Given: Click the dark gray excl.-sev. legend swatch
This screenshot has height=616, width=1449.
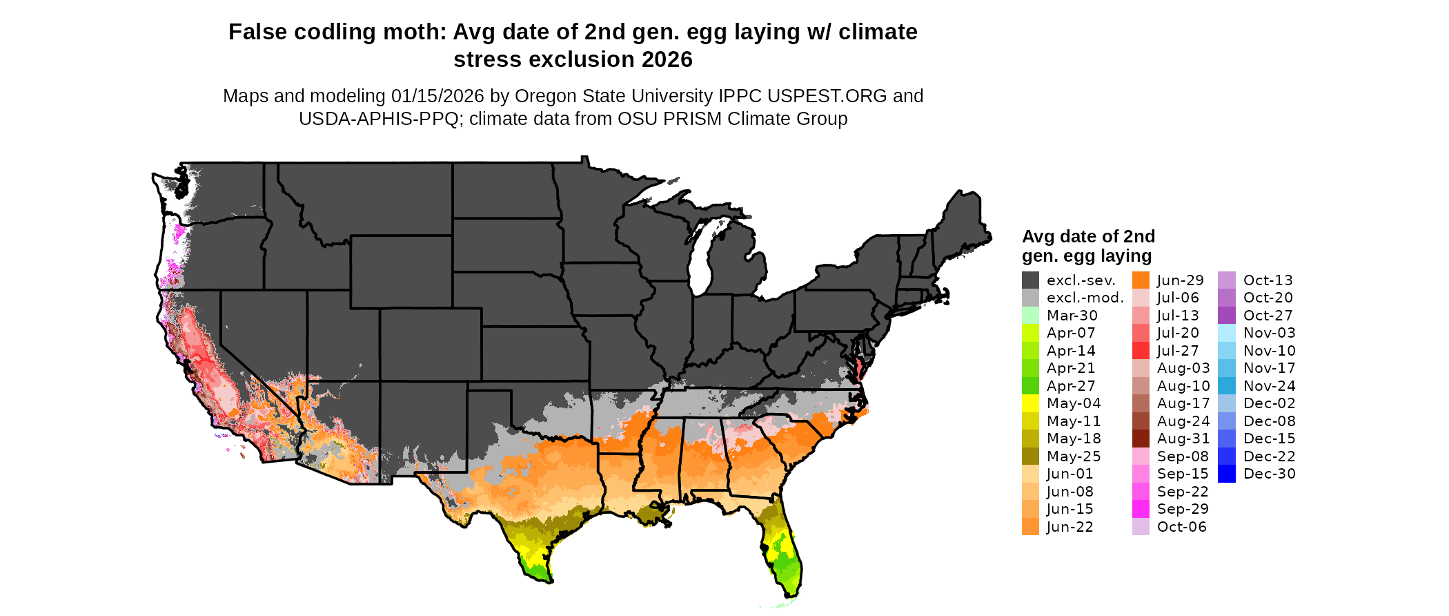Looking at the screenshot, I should [1030, 280].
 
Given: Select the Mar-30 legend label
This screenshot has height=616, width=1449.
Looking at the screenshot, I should [1072, 316].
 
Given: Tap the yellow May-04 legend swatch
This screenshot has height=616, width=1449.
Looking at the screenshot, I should [1030, 403].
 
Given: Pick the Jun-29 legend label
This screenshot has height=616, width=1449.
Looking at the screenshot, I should [1180, 280].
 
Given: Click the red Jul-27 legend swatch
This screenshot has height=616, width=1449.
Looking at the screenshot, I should [1141, 351].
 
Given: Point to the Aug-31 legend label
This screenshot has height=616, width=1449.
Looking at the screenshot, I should [1183, 439].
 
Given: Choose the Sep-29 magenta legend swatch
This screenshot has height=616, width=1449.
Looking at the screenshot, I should [1141, 509].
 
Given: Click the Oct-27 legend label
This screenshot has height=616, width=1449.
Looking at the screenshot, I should [1268, 316].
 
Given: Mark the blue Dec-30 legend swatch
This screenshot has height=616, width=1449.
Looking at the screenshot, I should [1227, 474].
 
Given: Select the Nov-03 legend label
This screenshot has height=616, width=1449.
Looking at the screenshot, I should [1269, 333].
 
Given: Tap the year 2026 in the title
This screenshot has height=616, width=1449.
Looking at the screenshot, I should [667, 60].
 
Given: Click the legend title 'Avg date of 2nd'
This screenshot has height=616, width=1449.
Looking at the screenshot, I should [1088, 237].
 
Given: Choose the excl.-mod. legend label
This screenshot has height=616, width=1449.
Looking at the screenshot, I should [1085, 298].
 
